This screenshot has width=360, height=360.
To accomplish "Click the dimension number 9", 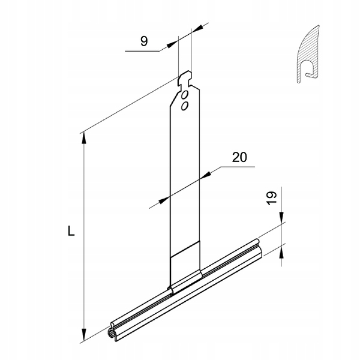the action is [143, 41].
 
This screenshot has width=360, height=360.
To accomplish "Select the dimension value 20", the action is [239, 157].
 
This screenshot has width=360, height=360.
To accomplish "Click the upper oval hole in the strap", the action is [186, 95].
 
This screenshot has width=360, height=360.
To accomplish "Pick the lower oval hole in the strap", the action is [184, 106].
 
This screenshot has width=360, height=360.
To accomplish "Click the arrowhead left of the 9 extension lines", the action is [174, 43].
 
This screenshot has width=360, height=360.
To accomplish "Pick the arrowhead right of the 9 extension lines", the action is [196, 31].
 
